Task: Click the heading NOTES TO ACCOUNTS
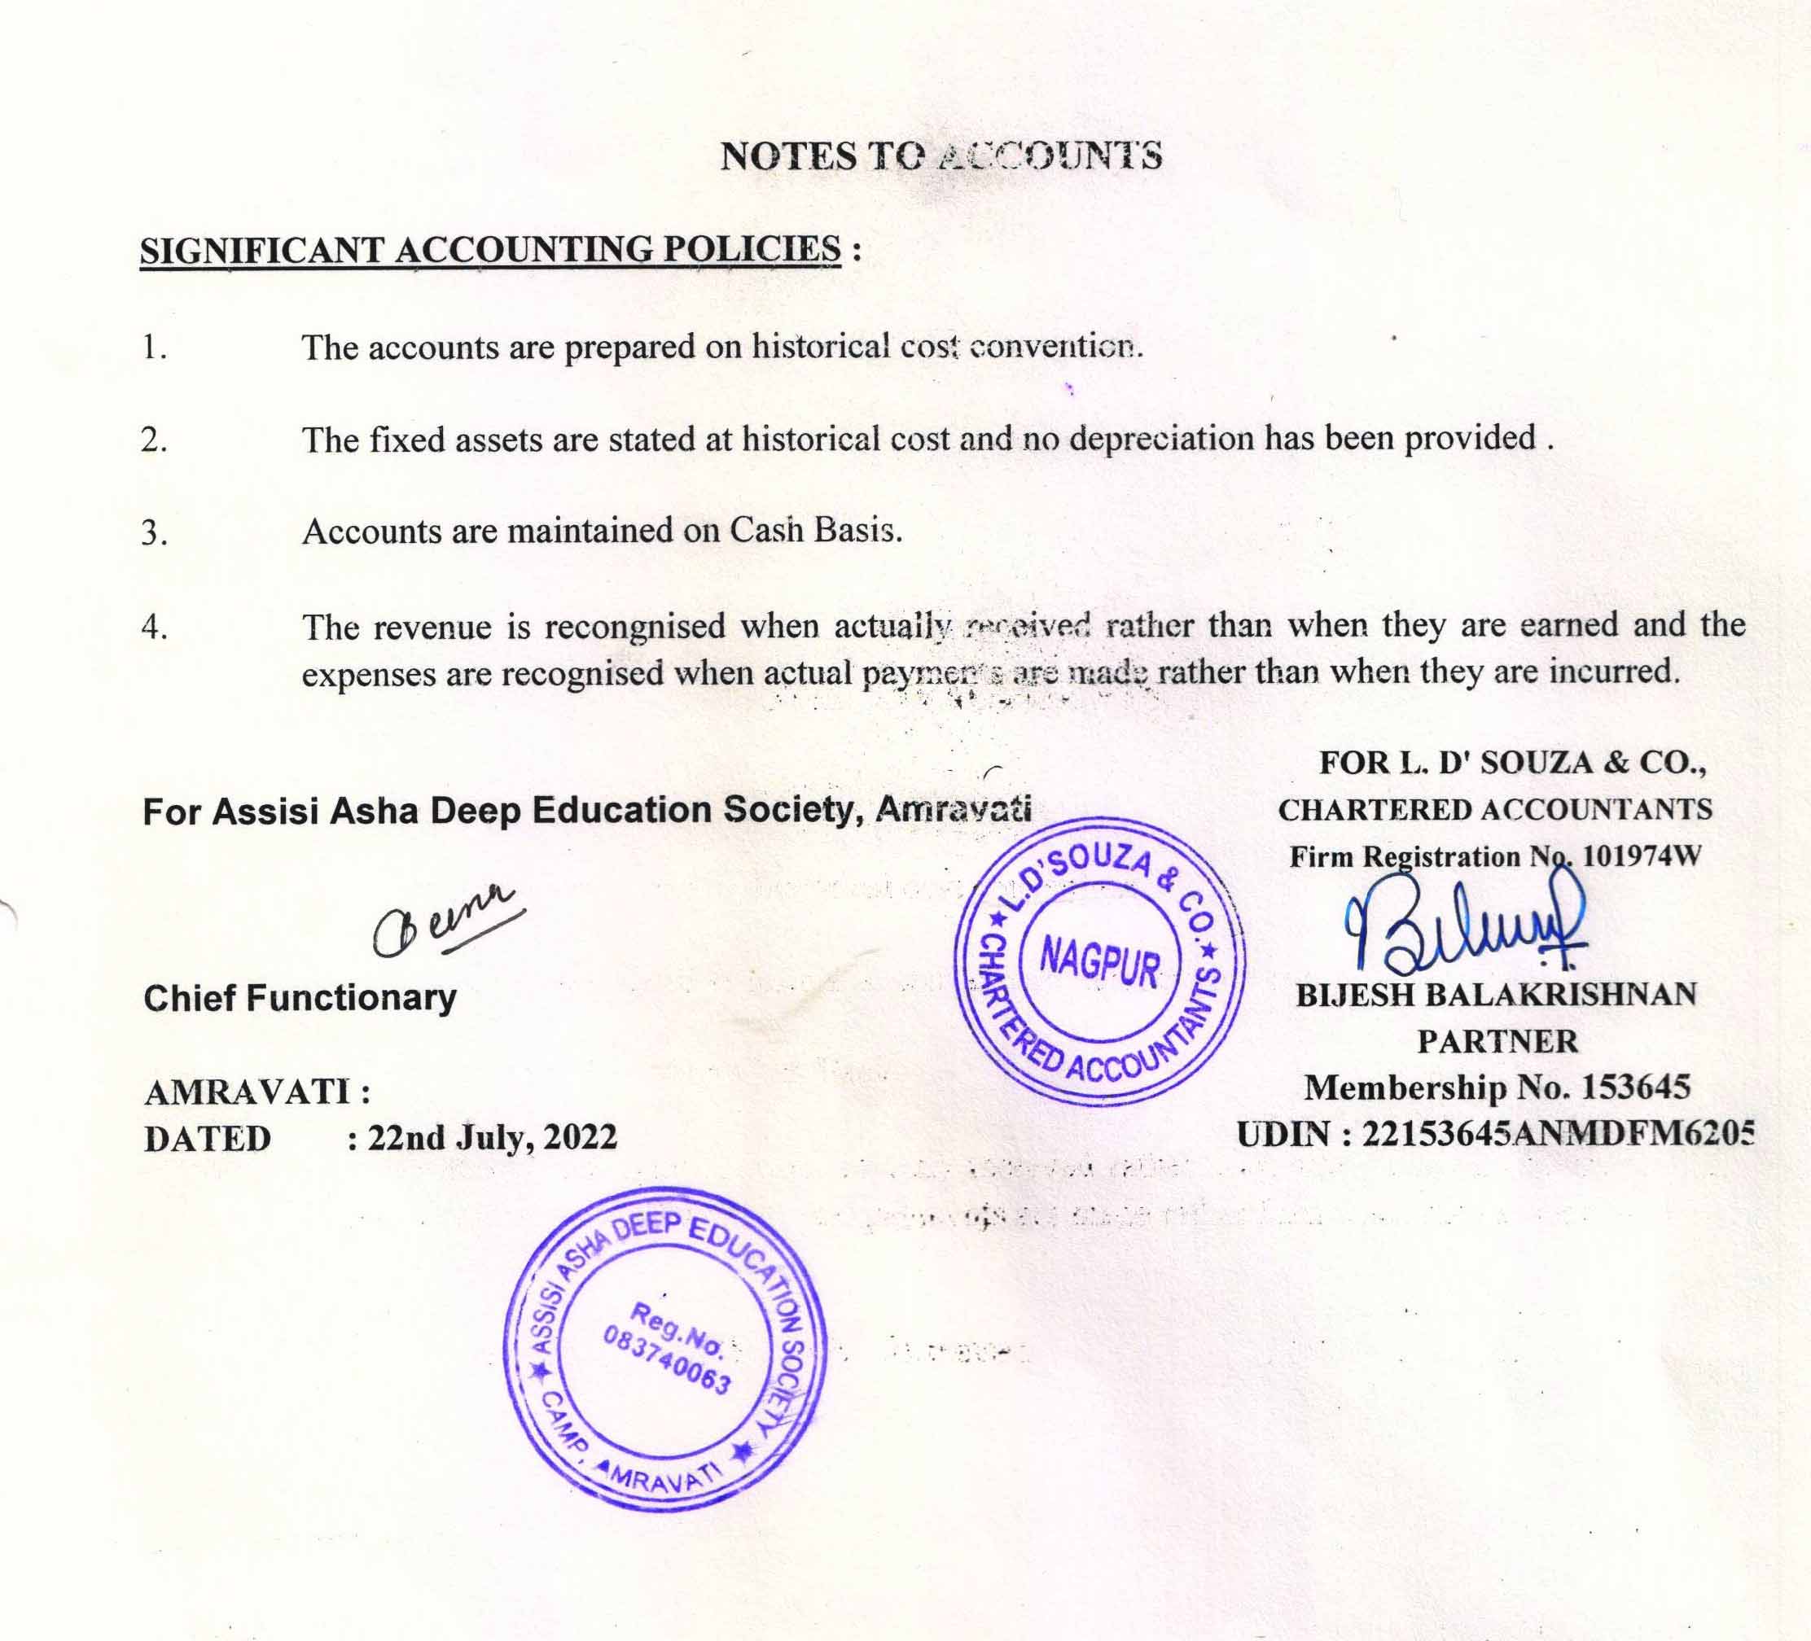941,156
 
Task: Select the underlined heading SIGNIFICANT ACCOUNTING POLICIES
490,250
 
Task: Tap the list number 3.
154,532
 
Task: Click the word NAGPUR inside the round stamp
1099,964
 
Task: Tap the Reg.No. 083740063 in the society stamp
669,1347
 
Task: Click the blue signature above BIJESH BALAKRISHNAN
1464,926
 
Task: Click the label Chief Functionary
300,998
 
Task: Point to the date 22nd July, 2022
493,1138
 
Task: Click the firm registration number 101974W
1642,856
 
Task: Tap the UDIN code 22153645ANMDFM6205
1557,1136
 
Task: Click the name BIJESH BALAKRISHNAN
1496,996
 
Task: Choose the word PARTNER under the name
1497,1042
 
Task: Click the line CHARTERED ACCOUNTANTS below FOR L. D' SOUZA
1495,809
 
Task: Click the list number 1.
154,348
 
